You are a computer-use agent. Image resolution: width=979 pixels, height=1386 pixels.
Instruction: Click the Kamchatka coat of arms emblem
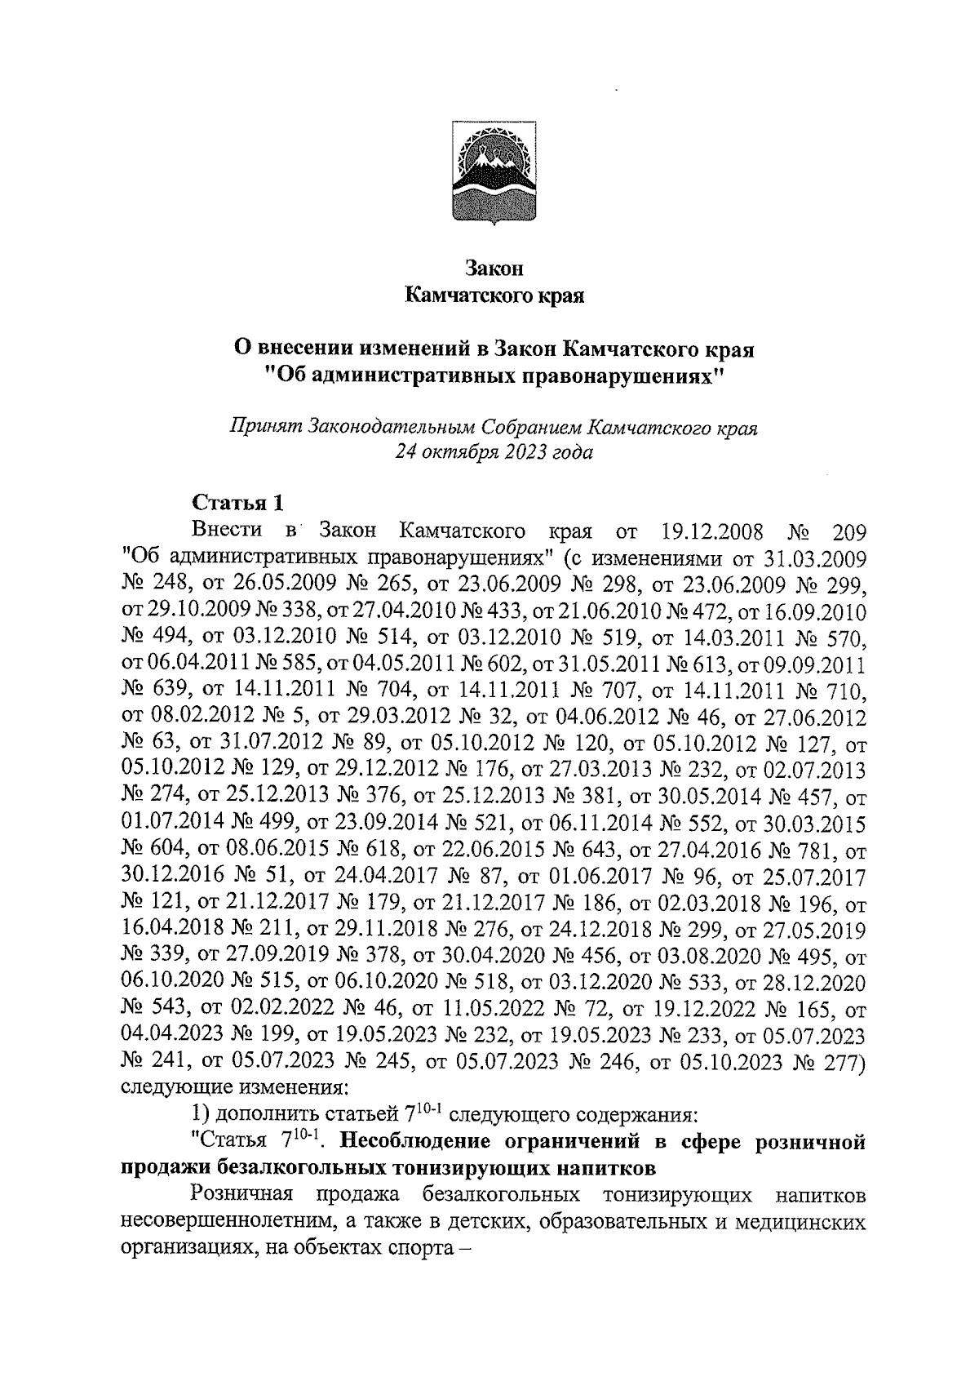(x=494, y=171)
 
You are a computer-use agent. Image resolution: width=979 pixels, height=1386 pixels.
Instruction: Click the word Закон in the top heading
(x=494, y=268)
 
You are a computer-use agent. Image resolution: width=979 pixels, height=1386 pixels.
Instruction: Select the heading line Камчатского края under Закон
(x=494, y=295)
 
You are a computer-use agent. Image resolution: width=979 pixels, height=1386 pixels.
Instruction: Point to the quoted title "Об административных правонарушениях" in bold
(x=494, y=376)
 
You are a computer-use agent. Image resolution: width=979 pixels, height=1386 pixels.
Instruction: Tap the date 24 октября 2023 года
(x=494, y=453)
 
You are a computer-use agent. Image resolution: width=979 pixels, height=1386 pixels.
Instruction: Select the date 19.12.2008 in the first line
(x=709, y=531)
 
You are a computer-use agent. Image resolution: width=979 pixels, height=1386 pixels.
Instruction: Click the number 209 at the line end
(x=848, y=531)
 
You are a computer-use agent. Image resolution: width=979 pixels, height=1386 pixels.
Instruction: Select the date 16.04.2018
(x=172, y=931)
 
